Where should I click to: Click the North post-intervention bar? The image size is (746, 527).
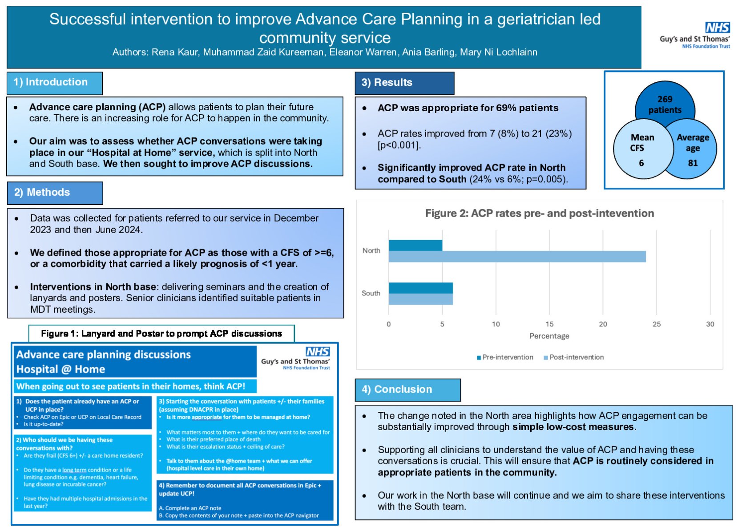pyautogui.click(x=517, y=257)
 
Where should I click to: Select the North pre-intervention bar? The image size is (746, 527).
pyautogui.click(x=415, y=245)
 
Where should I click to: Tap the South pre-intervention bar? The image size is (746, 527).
pyautogui.click(x=420, y=288)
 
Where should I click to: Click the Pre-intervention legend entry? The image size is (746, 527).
pyautogui.click(x=505, y=357)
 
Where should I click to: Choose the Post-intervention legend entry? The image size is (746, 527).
pyautogui.click(x=574, y=357)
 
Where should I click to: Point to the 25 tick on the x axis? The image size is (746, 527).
pyautogui.click(x=657, y=324)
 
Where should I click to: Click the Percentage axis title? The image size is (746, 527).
pyautogui.click(x=549, y=336)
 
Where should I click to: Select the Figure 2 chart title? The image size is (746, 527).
pyautogui.click(x=539, y=213)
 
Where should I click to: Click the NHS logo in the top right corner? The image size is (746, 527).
pyautogui.click(x=717, y=28)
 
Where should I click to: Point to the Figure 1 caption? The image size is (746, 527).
pyautogui.click(x=161, y=334)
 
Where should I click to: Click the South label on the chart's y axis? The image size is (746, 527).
pyautogui.click(x=371, y=294)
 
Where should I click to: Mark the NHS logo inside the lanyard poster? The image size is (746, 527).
pyautogui.click(x=318, y=352)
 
